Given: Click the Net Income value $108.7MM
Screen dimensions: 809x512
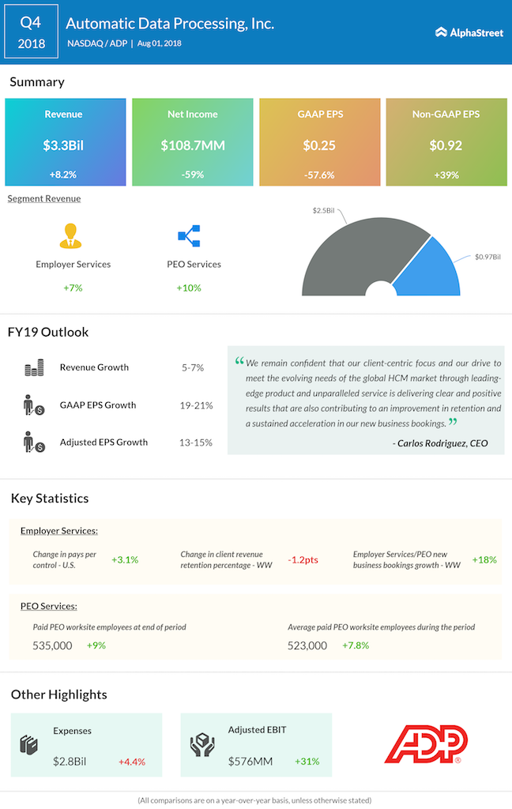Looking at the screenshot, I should (x=192, y=145).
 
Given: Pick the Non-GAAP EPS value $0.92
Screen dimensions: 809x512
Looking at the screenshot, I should (x=446, y=145).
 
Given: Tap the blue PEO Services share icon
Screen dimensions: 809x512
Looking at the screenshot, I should (x=189, y=235).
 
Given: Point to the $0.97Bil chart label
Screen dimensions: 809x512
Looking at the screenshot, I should (x=488, y=257).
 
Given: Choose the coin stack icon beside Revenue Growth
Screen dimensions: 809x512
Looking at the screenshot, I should (x=34, y=367).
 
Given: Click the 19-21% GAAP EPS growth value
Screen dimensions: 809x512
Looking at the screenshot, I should (x=196, y=404).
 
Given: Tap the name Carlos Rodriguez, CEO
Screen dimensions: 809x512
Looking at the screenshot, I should (x=440, y=443).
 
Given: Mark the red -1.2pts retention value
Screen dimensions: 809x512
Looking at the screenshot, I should (x=303, y=559).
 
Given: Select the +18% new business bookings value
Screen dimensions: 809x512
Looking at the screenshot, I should (x=484, y=559).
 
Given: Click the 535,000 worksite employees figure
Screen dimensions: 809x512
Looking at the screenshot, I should (x=52, y=645).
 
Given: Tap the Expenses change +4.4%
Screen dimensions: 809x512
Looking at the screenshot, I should (x=131, y=762).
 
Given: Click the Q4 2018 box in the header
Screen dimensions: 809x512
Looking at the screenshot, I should (x=32, y=32).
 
